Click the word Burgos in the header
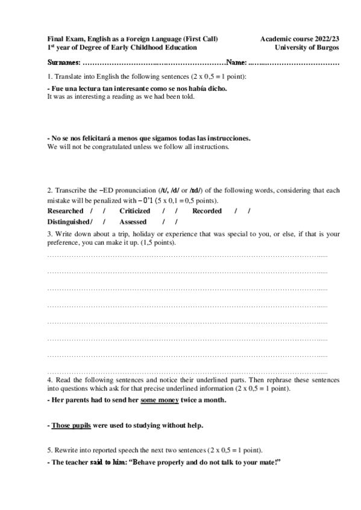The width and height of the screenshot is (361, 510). [325, 47]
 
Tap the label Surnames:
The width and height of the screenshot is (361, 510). [63, 63]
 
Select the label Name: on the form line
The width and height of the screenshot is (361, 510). [237, 63]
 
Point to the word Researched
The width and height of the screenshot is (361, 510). [65, 211]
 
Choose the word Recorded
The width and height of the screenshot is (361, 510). [207, 211]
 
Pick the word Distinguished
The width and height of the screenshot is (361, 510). [68, 221]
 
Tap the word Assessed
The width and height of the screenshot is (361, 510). [133, 221]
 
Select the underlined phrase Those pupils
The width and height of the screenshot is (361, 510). [71, 425]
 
